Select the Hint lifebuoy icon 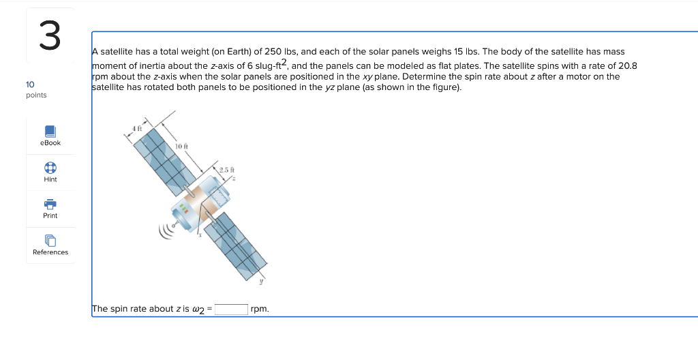pos(50,167)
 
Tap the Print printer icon pos(50,203)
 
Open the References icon pos(50,240)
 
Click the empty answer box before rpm pos(231,309)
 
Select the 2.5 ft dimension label pos(227,169)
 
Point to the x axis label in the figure pos(200,235)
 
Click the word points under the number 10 pos(36,95)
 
